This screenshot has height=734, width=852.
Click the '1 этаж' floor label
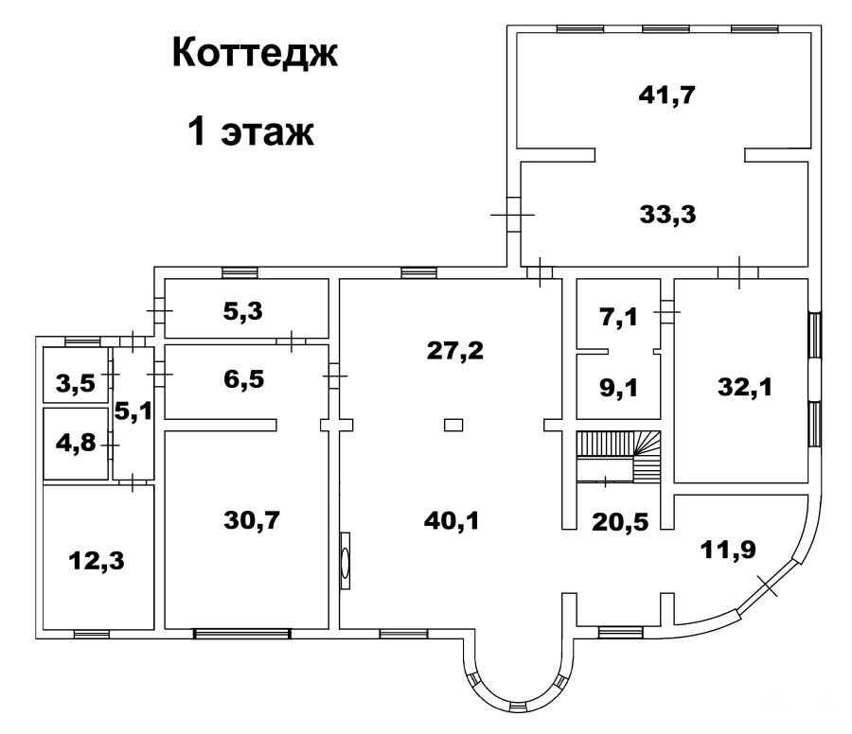(251, 131)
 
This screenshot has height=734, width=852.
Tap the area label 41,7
(667, 96)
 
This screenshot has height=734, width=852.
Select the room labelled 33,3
(667, 215)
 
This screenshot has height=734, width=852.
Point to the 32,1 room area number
(745, 388)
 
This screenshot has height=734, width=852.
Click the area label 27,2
(454, 351)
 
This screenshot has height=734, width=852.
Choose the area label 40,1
(452, 521)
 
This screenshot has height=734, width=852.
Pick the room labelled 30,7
(252, 520)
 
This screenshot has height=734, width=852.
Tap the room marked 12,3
(97, 561)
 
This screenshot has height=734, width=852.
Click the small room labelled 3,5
(76, 384)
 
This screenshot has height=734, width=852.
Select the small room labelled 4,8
(76, 443)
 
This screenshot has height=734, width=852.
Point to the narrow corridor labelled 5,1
(133, 412)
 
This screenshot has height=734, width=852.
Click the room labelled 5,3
(243, 311)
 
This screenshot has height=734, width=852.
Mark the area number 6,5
(244, 379)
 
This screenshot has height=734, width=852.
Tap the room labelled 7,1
(619, 317)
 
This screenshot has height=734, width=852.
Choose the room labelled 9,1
(619, 389)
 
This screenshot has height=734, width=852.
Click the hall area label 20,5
(620, 522)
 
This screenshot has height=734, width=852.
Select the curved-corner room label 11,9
(728, 550)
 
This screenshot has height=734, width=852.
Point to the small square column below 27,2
(453, 425)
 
